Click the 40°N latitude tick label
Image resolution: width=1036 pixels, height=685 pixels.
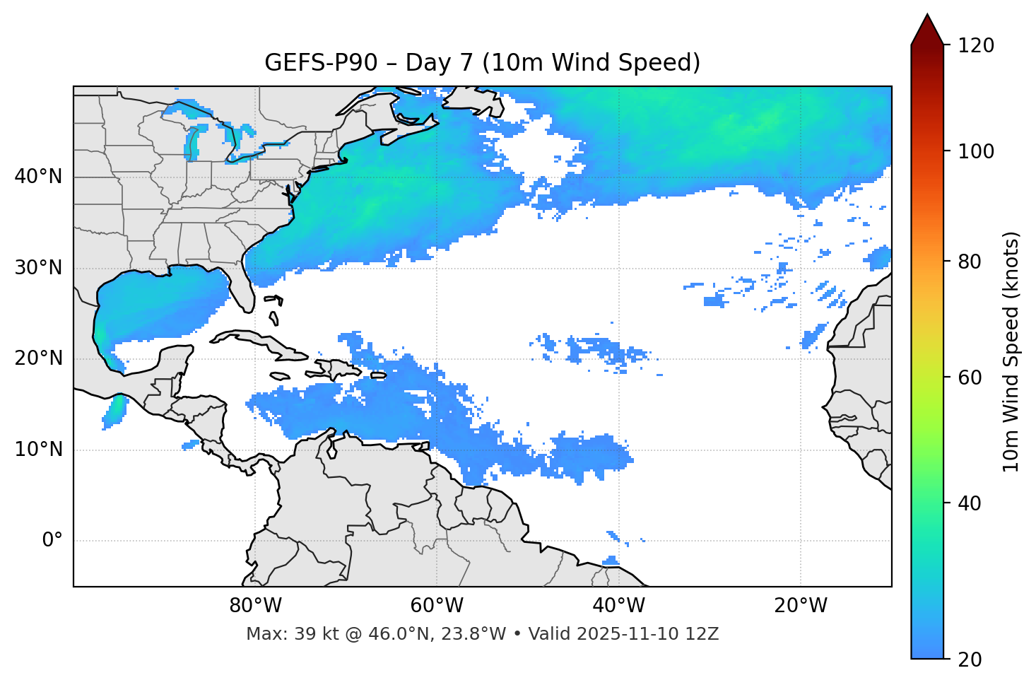[38, 177]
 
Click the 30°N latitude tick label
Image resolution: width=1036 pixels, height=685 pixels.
[38, 268]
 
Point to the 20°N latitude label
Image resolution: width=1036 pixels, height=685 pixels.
[38, 358]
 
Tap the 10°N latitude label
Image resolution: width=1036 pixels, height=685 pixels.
[38, 450]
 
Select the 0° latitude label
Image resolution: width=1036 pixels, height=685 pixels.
[52, 541]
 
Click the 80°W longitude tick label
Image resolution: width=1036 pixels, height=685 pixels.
[255, 606]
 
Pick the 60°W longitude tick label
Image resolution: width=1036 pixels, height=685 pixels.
[437, 606]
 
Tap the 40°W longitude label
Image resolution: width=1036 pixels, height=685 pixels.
[619, 606]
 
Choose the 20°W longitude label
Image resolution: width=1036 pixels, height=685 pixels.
[801, 606]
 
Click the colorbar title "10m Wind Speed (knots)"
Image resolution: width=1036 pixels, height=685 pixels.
[1011, 351]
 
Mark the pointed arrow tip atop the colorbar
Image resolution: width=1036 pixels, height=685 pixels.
[927, 16]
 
